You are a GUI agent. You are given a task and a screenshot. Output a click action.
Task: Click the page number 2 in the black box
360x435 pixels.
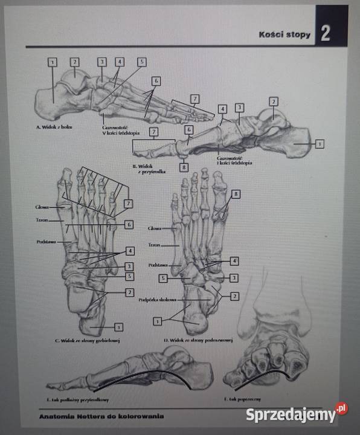click(x=325, y=33)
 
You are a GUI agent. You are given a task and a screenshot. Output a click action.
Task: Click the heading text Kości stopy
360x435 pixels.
click(x=284, y=34)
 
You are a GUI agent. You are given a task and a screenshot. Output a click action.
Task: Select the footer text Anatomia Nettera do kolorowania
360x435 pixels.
click(x=101, y=416)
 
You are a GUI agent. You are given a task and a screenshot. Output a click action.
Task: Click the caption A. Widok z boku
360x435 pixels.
click(x=54, y=127)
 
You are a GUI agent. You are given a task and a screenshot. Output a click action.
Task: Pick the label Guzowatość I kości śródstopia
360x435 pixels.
click(x=233, y=160)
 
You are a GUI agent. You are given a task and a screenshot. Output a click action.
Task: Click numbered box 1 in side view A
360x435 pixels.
click(x=53, y=62)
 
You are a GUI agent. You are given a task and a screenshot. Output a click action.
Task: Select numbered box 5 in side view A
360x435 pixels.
click(x=141, y=62)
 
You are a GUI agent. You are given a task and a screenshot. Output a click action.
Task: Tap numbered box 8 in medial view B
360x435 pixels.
click(x=184, y=167)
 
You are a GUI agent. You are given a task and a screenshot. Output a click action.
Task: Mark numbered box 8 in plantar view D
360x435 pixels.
click(x=236, y=193)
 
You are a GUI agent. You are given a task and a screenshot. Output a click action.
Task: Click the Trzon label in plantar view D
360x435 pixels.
click(x=155, y=246)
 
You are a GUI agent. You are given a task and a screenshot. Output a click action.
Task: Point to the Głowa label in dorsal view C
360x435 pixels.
click(x=41, y=207)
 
